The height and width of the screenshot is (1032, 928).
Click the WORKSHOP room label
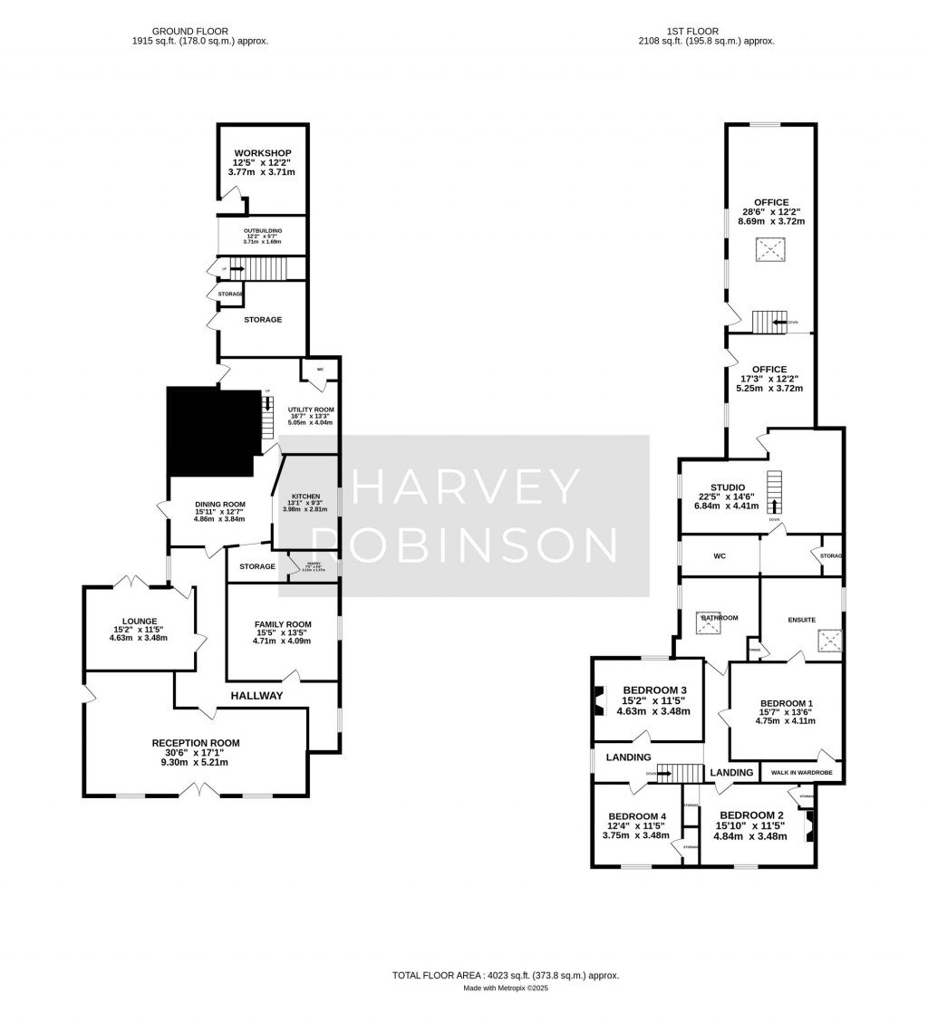point(262,152)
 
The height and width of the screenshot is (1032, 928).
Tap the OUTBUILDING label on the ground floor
point(262,232)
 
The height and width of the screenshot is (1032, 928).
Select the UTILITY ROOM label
point(310,410)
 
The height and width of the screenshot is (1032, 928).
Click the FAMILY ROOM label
point(282,624)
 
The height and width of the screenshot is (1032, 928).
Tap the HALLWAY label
point(256,696)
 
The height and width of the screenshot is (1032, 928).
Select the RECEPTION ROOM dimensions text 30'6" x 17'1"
point(196,752)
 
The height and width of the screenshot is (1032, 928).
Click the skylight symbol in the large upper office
point(770,250)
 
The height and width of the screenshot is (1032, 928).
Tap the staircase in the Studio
point(774,494)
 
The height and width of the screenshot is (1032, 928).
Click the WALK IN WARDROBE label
point(801,773)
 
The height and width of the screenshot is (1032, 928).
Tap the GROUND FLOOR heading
point(199,31)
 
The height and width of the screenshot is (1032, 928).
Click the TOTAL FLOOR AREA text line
point(505,975)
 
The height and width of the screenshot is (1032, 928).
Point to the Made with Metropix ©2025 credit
point(505,989)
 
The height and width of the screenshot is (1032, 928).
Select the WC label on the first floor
point(720,555)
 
